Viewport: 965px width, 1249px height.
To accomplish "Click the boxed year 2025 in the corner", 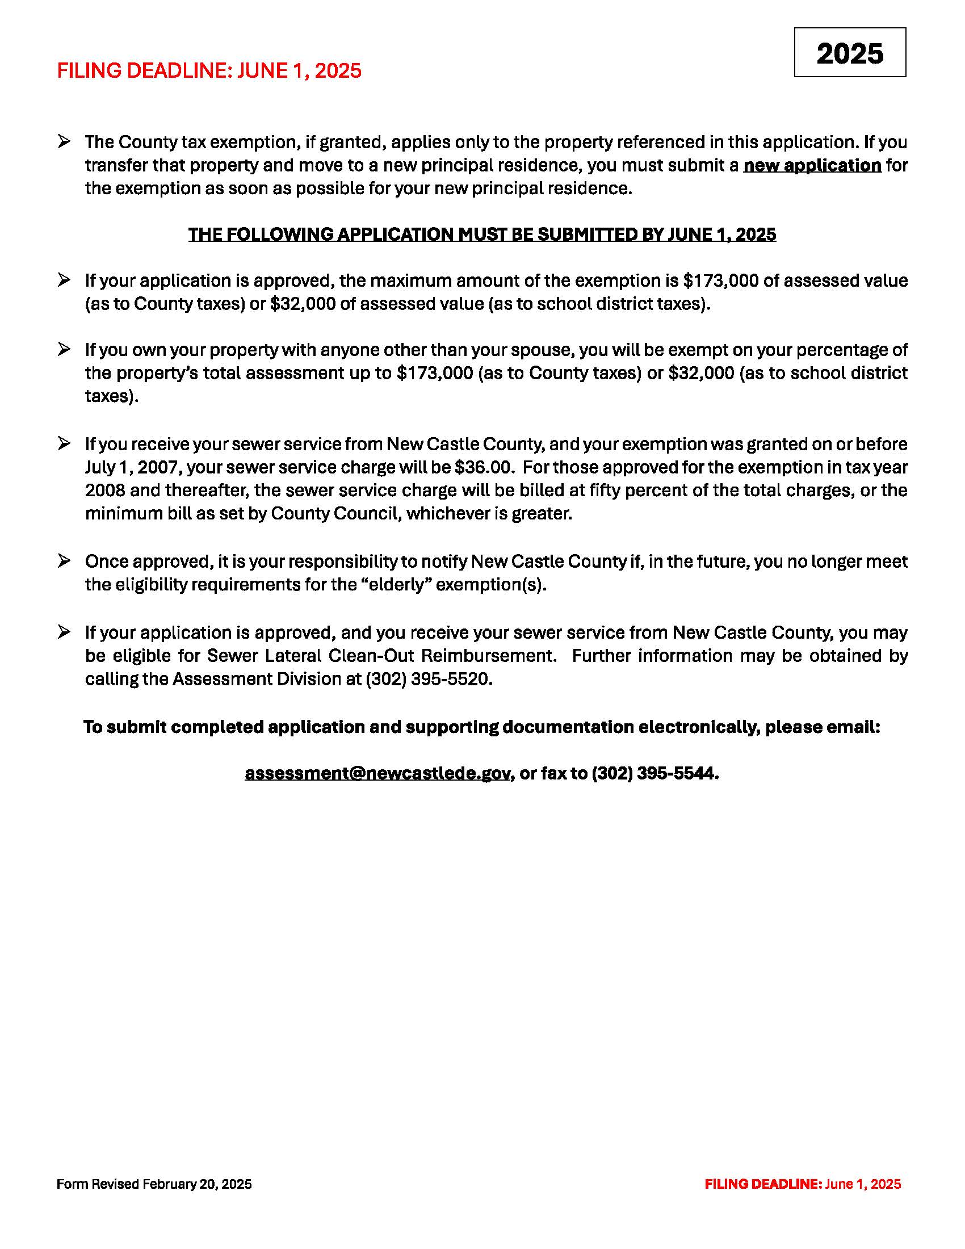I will coord(850,53).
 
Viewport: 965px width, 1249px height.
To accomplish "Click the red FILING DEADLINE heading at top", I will coord(209,70).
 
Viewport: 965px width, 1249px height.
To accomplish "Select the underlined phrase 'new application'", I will coord(812,165).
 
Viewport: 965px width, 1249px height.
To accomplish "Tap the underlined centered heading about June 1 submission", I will coord(482,234).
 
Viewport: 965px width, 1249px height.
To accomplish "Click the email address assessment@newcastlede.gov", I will coord(377,773).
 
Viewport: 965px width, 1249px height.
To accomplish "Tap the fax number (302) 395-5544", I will coord(654,773).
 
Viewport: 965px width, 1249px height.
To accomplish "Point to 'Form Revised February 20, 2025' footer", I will coord(154,1184).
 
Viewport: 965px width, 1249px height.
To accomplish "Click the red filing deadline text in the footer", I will coord(803,1184).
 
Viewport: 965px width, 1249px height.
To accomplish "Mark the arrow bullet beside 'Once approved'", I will coord(64,561).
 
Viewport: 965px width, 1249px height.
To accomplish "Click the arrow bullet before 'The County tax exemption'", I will coord(64,141).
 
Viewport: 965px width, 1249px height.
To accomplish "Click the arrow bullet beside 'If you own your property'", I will coord(64,349).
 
